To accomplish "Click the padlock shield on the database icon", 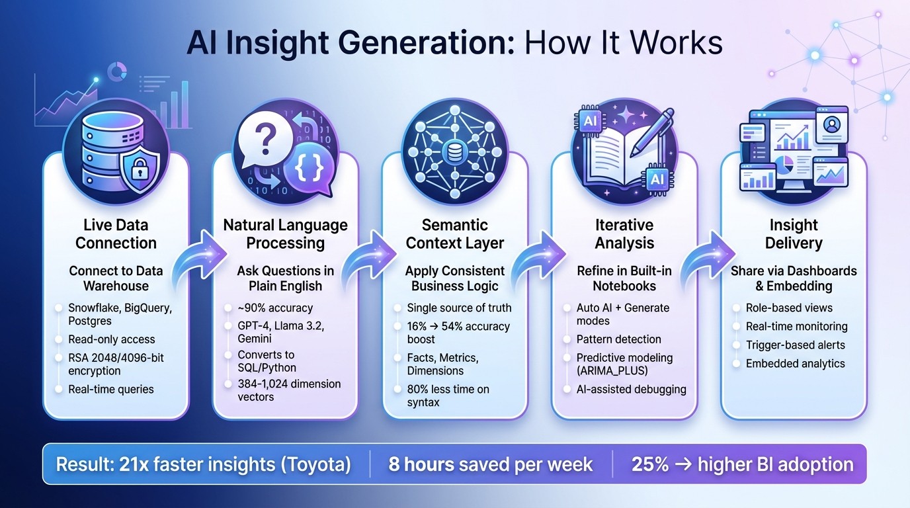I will coord(142,168).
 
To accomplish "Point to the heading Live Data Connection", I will coord(116,233).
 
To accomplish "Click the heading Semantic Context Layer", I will coord(455,233).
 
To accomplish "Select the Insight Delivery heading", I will coord(793,233).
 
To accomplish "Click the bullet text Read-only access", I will coord(111,339).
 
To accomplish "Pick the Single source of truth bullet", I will coord(459,308).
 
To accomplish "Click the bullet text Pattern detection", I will coord(618,339).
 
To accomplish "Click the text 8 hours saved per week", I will coord(490,464).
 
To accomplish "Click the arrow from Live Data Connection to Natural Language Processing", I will coord(198,257).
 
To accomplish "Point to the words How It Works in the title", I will coord(623,44).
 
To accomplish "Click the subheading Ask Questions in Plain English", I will coord(286,278).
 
